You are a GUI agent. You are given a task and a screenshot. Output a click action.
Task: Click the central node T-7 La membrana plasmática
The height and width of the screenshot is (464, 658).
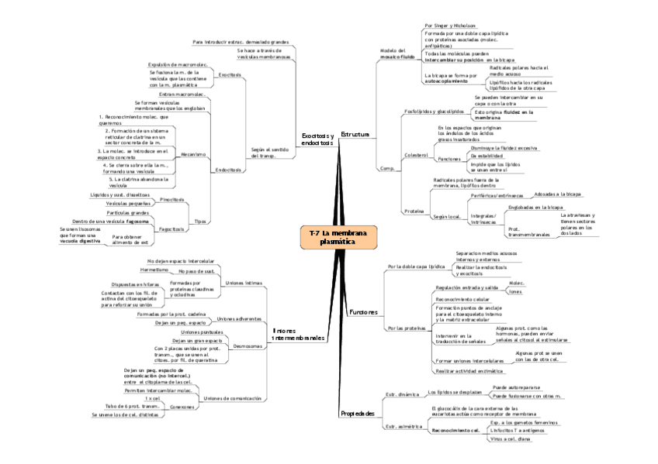coord(338,237)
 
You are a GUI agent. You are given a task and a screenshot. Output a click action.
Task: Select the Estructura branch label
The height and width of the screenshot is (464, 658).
coord(355,135)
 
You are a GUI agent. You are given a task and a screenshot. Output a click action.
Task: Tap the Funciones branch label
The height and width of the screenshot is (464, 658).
coord(363,311)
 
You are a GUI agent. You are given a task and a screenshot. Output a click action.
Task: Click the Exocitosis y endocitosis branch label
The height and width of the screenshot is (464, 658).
coord(317,139)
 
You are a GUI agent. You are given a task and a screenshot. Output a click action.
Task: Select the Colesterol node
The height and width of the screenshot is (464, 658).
coord(417,156)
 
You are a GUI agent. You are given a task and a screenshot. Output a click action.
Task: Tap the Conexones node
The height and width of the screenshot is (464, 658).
coord(182,406)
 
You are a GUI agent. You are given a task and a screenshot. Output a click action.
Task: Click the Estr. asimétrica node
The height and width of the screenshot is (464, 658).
coord(403,426)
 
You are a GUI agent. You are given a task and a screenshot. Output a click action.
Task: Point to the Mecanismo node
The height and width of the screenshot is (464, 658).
coord(193,154)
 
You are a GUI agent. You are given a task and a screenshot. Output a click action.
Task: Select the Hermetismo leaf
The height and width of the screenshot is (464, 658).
coord(153,270)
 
